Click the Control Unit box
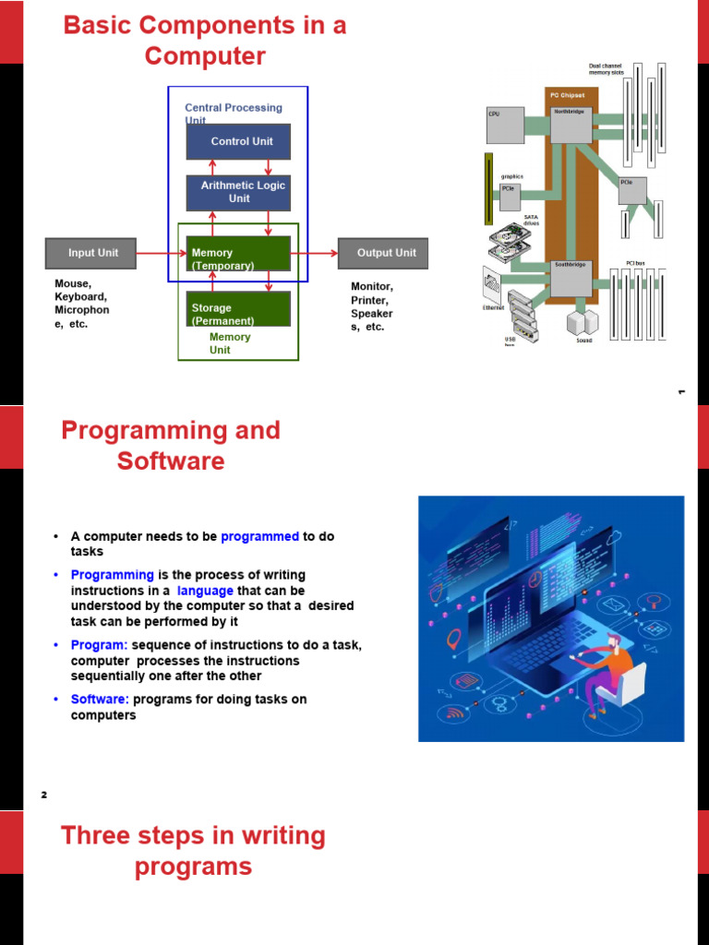coord(238,142)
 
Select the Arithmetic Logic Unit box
coord(238,192)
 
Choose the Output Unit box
coord(382,253)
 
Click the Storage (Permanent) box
coord(238,309)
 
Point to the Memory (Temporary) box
coord(238,254)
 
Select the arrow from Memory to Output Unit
coord(314,252)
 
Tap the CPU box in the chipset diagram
coord(505,126)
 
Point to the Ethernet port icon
coord(494,285)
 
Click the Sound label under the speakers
coord(584,341)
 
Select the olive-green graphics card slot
coord(489,189)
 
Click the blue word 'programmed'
coord(259,536)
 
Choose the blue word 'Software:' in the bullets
coord(100,700)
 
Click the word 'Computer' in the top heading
coord(205,56)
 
